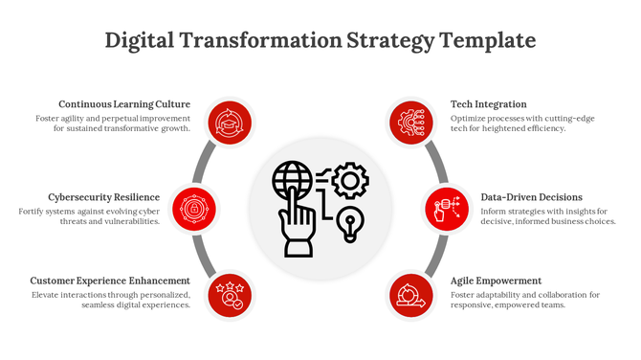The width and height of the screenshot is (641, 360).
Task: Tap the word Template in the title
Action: pyautogui.click(x=487, y=41)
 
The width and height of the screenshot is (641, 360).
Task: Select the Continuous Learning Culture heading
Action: pyautogui.click(x=124, y=104)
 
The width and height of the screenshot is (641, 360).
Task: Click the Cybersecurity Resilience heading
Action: pyautogui.click(x=103, y=197)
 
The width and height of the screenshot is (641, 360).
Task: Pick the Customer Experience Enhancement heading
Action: pyautogui.click(x=110, y=281)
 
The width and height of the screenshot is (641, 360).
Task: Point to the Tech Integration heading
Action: pyautogui.click(x=489, y=104)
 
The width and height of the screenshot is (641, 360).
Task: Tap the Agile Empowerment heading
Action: pyautogui.click(x=497, y=281)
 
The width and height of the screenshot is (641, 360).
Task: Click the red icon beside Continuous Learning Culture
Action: pyautogui.click(x=229, y=123)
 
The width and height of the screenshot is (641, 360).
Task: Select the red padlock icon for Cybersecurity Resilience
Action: pyautogui.click(x=194, y=208)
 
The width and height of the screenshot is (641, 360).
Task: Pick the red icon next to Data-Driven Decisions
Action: pyautogui.click(x=447, y=208)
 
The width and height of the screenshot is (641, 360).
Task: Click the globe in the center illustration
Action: pyautogui.click(x=292, y=179)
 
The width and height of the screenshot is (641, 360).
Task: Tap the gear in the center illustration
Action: pyautogui.click(x=352, y=179)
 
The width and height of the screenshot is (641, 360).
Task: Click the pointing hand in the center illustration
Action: pyautogui.click(x=298, y=230)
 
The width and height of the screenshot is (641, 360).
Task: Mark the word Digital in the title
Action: pyautogui.click(x=140, y=41)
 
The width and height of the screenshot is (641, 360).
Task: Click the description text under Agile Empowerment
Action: pyautogui.click(x=525, y=300)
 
